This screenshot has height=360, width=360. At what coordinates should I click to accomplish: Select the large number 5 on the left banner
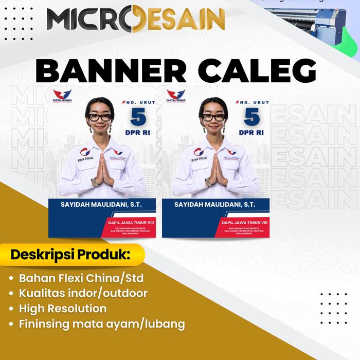[x=138, y=117]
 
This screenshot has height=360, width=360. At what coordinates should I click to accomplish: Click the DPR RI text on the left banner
[x=138, y=133]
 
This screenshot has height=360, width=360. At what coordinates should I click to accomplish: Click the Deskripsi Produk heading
[x=70, y=255]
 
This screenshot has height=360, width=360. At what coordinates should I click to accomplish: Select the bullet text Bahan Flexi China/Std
[x=81, y=278]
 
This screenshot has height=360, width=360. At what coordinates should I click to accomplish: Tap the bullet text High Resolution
[x=63, y=309]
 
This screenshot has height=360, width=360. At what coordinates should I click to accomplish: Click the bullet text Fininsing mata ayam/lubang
[x=102, y=324]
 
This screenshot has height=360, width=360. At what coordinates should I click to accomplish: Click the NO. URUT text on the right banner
[x=254, y=102]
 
